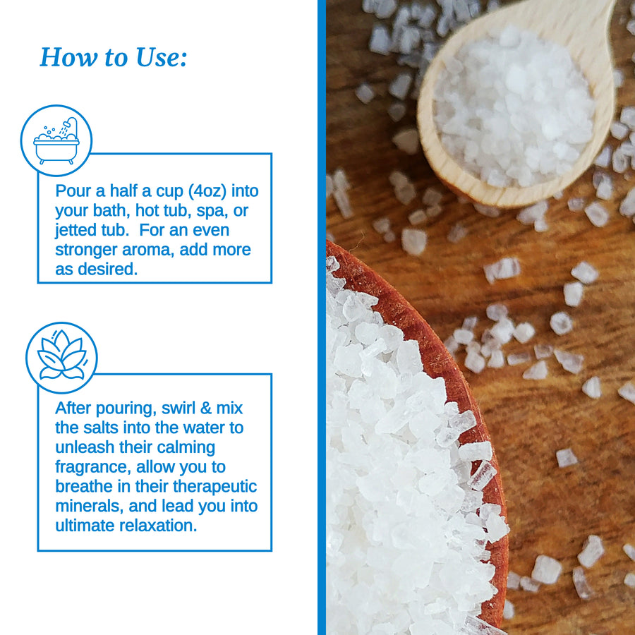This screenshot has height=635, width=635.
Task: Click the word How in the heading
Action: point(69,57)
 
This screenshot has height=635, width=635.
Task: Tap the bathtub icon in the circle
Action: point(56,141)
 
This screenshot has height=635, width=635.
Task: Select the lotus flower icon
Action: point(61,355)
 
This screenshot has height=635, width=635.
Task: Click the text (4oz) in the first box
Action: point(207,191)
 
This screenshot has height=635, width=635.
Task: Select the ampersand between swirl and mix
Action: point(206,408)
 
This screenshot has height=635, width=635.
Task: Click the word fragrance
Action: point(92,467)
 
